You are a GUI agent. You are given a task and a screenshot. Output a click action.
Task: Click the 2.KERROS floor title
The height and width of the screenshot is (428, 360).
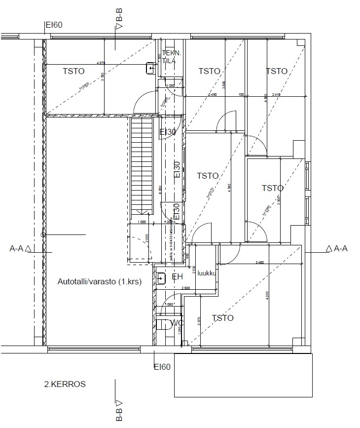65,384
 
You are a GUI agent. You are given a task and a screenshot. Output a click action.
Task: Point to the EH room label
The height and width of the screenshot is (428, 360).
177,277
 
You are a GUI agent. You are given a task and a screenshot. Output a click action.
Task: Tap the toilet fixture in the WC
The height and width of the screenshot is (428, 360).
162,324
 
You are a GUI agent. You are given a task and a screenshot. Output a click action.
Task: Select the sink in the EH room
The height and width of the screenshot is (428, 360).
161,279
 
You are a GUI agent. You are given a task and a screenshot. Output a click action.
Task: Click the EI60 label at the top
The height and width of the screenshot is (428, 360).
54,25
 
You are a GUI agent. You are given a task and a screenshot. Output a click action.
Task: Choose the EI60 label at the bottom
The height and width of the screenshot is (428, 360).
162,367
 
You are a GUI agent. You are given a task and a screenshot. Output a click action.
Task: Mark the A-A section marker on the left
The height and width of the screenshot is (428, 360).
21,249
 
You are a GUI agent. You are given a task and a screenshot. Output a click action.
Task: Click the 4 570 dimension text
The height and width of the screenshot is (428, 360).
101,63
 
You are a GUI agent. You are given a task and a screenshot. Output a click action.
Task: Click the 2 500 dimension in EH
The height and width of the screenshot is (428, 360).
185,288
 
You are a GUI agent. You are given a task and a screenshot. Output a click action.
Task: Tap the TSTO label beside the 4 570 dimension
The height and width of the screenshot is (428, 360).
74,71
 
